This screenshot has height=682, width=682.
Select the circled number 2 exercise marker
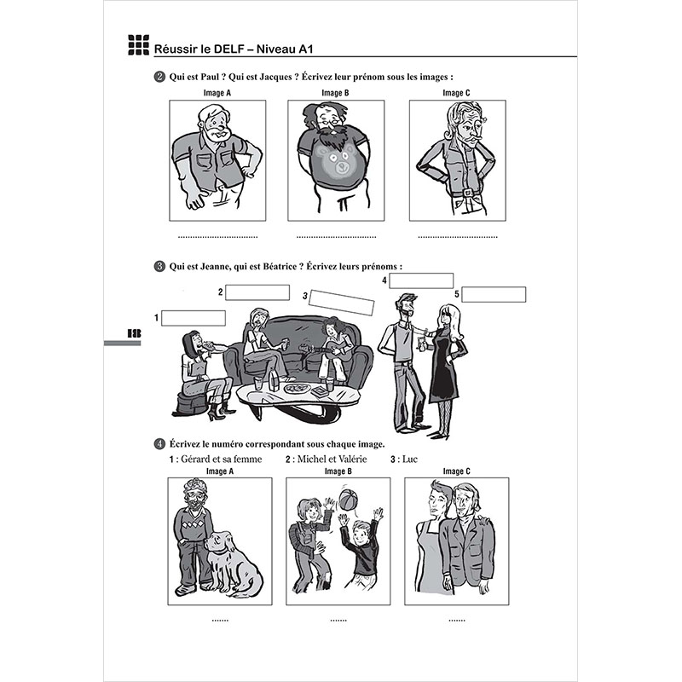[x=159, y=77]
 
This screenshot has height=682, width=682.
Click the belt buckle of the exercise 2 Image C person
[x=466, y=193]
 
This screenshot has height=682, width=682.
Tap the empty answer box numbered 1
[x=194, y=318]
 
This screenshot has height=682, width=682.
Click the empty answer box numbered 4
[x=422, y=280]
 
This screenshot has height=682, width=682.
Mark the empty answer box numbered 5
[x=494, y=294]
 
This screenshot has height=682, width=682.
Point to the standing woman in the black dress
[x=445, y=358]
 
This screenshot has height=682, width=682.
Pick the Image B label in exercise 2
[x=335, y=92]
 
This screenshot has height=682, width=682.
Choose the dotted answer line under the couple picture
[x=455, y=620]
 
